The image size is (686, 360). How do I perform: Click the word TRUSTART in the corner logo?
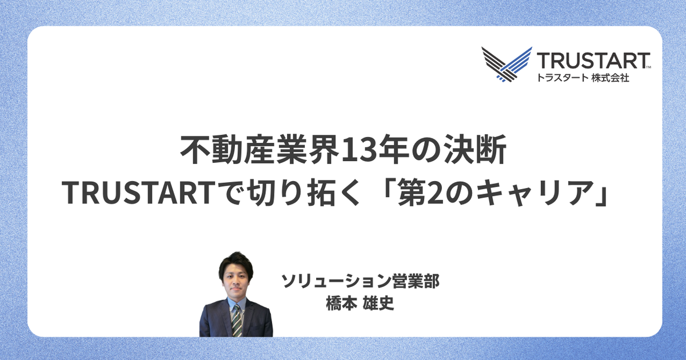click(593, 61)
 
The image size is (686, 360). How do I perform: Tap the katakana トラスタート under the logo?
click(562, 78)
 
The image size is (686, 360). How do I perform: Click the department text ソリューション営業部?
click(361, 281)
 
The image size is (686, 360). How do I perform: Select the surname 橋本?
click(341, 303)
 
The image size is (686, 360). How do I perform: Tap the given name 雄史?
click(378, 303)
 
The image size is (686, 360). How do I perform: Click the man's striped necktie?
click(237, 321)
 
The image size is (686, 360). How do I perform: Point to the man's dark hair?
click(236, 263)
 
